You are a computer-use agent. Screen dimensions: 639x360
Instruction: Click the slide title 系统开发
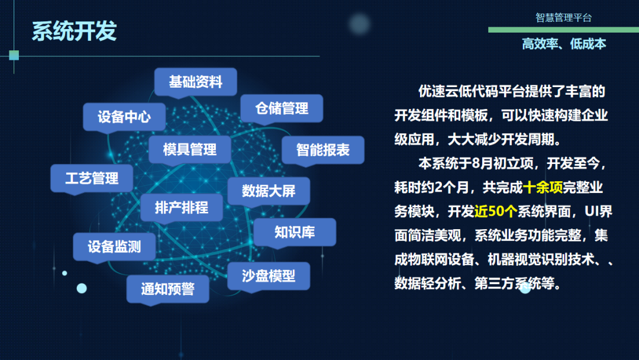tap(74, 31)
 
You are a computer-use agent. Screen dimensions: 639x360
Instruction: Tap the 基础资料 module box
tap(196, 82)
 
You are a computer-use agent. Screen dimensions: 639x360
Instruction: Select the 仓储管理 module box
tap(282, 108)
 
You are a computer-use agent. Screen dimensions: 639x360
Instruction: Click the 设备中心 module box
tap(124, 117)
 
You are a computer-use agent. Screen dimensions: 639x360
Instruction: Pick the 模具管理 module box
tap(190, 150)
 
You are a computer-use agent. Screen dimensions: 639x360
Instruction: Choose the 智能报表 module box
tap(323, 150)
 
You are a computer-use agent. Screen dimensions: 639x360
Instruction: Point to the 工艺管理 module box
tap(92, 178)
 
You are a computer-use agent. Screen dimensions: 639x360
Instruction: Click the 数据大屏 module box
tap(269, 191)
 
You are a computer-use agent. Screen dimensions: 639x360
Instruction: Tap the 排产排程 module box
tap(182, 207)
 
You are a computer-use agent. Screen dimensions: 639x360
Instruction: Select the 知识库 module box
tap(295, 232)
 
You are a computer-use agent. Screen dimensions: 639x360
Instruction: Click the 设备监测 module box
tap(114, 247)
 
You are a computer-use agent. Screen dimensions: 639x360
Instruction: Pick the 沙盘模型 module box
tap(269, 276)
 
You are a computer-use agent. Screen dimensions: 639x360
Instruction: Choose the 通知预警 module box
tap(167, 289)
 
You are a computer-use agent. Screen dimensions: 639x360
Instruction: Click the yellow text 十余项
tap(543, 188)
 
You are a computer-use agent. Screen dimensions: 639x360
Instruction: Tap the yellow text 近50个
tap(496, 211)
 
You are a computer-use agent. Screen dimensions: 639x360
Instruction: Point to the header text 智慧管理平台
tap(563, 18)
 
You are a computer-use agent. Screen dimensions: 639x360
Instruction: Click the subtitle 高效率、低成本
tap(564, 44)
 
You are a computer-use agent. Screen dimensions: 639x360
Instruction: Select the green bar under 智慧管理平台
tap(564, 30)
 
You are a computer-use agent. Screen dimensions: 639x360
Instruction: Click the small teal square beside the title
tap(14, 55)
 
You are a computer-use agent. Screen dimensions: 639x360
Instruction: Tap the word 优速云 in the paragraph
tap(438, 91)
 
